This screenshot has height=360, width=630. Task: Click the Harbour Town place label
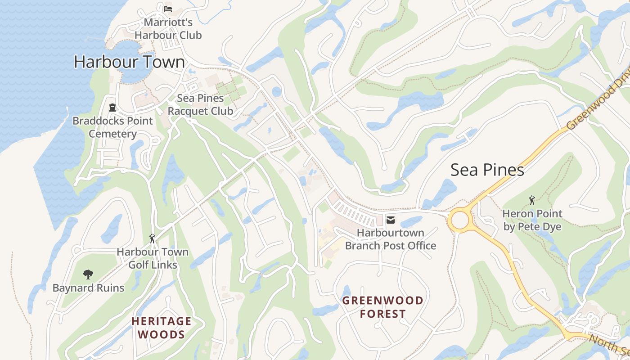pos(129,62)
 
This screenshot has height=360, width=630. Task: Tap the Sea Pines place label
pos(487,170)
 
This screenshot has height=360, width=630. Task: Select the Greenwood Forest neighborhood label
pos(383,307)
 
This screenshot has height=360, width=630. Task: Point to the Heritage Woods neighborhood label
pos(161,328)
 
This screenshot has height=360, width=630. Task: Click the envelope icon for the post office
pos(390,220)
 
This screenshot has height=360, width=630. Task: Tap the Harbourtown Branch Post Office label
pos(390,239)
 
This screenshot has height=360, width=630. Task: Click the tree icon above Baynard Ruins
pos(88,274)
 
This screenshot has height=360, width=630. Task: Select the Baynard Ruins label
pos(88,288)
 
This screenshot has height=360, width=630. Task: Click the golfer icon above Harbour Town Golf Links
pos(152,238)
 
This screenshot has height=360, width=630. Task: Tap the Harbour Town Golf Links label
pos(153,258)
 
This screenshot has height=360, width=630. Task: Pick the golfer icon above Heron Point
pos(532,200)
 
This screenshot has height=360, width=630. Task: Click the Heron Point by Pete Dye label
pos(532,220)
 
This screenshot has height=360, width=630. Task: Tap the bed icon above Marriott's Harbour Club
pos(168,9)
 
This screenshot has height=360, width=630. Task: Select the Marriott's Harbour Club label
pos(168,28)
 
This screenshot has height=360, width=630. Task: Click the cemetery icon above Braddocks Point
pos(112,108)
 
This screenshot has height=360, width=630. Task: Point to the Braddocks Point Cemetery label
pos(112,127)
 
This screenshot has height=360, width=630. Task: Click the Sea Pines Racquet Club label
pos(200,104)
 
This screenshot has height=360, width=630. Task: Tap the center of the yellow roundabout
pos(460,220)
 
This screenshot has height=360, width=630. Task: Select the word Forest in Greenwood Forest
pos(383,314)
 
